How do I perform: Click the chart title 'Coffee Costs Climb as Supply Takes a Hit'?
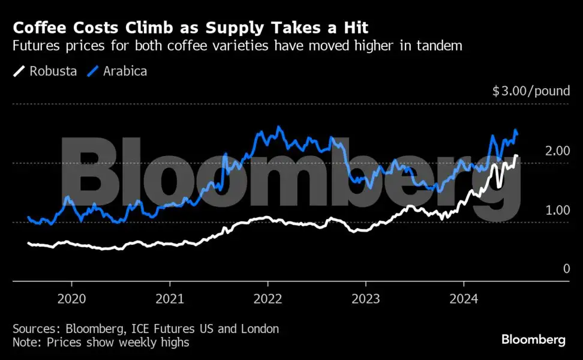tap(191, 28)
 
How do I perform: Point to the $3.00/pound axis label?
tap(531, 92)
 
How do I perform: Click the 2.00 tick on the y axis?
tap(557, 151)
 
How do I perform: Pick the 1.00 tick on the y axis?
tap(557, 210)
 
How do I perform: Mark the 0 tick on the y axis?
tap(566, 269)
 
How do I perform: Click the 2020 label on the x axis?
tap(71, 299)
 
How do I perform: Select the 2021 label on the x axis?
tap(170, 299)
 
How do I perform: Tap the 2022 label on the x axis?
tap(268, 299)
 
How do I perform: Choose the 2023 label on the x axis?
tap(366, 299)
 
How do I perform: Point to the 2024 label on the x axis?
tap(464, 299)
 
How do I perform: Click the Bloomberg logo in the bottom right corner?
tap(533, 340)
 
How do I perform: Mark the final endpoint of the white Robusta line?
tap(516, 156)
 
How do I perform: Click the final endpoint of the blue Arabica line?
tap(517, 133)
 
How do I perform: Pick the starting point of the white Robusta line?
tap(29, 243)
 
